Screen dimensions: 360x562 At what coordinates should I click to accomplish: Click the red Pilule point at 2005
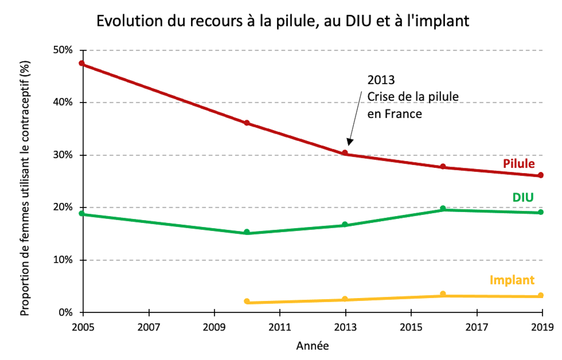tap(82, 63)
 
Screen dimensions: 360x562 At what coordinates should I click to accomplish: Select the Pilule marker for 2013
tap(345, 153)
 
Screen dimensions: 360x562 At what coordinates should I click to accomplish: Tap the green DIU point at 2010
tap(247, 232)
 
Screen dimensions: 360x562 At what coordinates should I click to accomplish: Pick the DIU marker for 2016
tap(443, 208)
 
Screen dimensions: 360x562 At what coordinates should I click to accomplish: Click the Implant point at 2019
tap(541, 295)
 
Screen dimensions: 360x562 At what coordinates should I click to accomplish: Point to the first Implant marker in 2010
tap(247, 301)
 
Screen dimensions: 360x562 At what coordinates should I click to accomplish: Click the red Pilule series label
tap(518, 164)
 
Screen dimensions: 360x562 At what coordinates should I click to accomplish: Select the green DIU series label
tap(523, 198)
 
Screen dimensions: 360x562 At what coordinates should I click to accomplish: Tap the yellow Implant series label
tap(512, 280)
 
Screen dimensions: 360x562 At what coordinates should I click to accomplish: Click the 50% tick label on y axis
tap(63, 50)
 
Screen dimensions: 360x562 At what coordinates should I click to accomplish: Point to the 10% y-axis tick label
tap(63, 260)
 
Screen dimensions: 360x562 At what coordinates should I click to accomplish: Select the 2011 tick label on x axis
tap(280, 327)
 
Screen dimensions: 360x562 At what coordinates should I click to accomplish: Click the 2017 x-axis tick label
tap(477, 327)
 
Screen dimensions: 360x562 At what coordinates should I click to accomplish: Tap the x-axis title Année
tap(312, 346)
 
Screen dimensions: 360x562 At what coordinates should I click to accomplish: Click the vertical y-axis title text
tap(25, 188)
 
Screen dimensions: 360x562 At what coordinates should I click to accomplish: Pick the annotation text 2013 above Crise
tap(381, 80)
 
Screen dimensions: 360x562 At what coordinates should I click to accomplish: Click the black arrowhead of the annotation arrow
tap(349, 142)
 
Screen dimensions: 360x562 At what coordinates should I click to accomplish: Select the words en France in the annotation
tap(394, 114)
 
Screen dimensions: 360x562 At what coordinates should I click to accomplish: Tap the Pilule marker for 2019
tap(541, 175)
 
